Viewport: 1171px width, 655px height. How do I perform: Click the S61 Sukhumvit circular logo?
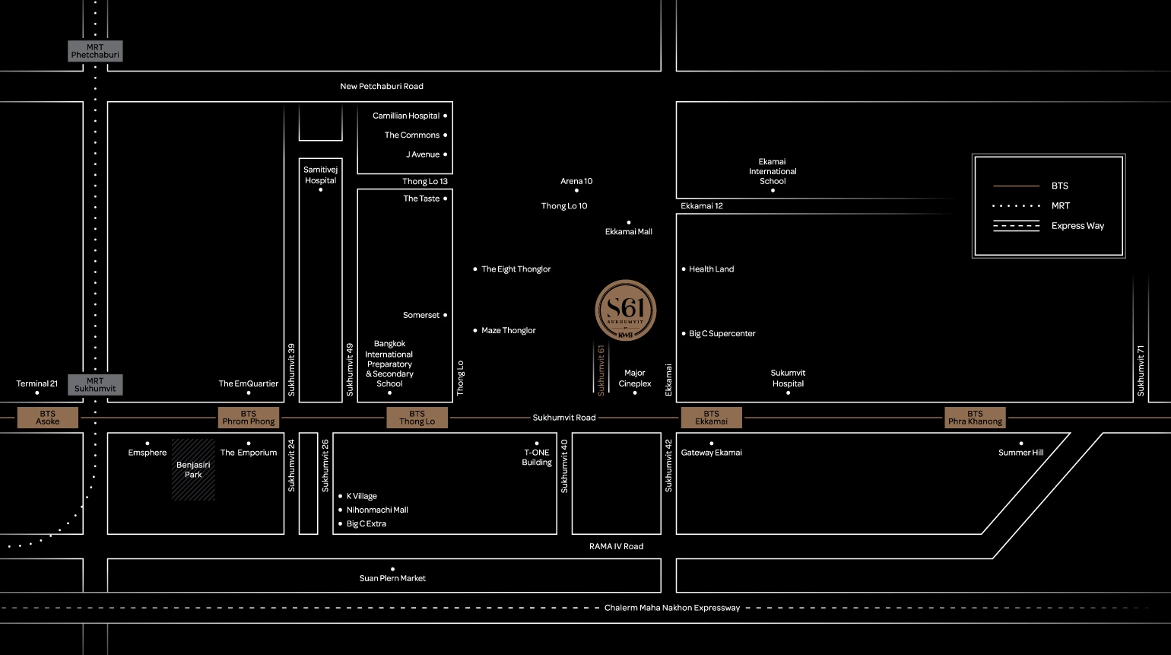pos(625,310)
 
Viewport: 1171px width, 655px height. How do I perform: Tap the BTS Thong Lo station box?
pos(417,418)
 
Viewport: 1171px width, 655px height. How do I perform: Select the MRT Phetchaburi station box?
pos(95,51)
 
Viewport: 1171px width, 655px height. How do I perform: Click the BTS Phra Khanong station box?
pos(975,418)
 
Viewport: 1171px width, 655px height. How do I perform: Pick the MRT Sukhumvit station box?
pos(95,384)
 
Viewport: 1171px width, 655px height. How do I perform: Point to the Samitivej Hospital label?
pos(320,175)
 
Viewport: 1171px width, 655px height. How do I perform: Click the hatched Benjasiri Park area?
pos(193,470)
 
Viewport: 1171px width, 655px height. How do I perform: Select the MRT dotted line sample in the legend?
pos(1016,206)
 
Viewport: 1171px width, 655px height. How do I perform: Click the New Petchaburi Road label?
pos(382,86)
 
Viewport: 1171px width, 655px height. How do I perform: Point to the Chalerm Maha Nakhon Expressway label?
pos(671,608)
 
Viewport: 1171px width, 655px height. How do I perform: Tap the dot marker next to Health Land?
pos(684,269)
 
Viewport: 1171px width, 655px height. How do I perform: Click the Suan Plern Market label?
pos(392,578)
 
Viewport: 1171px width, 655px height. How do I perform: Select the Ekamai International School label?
pos(773,172)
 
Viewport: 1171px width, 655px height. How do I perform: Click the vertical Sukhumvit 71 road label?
pos(1141,370)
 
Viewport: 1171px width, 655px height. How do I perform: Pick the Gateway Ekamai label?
pos(711,453)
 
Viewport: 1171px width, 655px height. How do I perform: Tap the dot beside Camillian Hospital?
pos(445,116)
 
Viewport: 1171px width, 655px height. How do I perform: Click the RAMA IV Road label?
pos(617,546)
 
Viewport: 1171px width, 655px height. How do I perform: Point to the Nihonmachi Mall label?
pos(377,510)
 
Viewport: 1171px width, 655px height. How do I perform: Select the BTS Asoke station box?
pos(48,418)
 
